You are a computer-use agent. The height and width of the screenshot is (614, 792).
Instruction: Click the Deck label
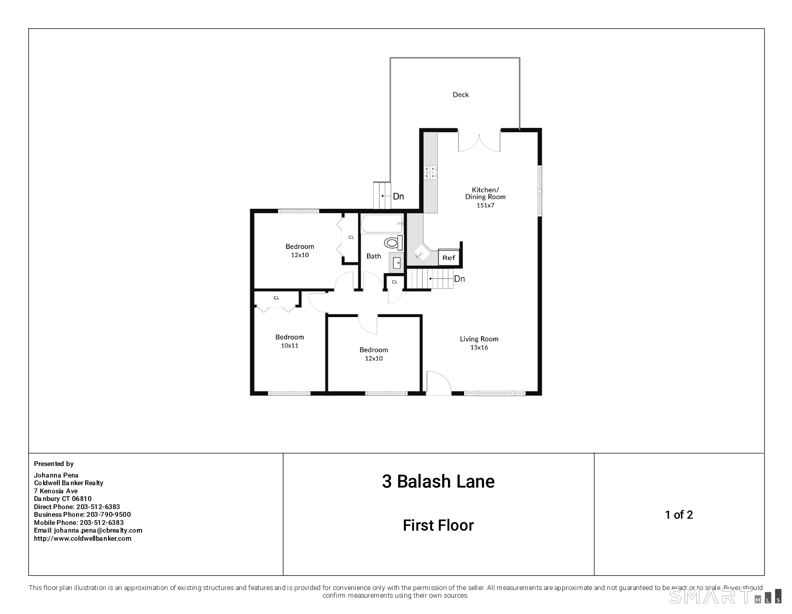(460, 95)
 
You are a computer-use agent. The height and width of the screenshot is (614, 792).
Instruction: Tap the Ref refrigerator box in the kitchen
(448, 258)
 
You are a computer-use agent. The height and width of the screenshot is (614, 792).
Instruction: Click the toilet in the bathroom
(392, 243)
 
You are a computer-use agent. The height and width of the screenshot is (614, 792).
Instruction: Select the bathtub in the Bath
(382, 224)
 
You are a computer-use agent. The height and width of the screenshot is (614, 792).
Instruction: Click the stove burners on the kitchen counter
(430, 172)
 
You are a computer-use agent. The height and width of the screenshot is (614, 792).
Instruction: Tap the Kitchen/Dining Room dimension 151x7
(485, 205)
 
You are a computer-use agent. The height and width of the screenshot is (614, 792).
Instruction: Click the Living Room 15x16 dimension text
(479, 347)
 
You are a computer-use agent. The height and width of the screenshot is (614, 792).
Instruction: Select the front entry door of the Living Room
(438, 384)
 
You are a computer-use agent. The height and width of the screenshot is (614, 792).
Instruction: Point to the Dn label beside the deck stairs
(398, 196)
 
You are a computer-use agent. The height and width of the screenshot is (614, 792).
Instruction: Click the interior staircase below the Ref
(430, 279)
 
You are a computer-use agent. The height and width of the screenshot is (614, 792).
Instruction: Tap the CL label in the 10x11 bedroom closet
(276, 298)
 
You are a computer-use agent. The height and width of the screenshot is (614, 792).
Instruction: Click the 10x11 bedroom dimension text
(290, 345)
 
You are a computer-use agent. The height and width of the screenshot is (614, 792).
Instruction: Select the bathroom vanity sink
(397, 262)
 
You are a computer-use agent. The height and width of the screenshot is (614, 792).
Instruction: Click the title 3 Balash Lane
(438, 481)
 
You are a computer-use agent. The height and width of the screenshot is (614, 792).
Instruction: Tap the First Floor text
(438, 525)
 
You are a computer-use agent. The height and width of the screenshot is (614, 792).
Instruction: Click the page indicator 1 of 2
(679, 515)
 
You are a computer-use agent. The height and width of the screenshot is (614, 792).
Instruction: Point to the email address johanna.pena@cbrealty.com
(98, 530)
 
